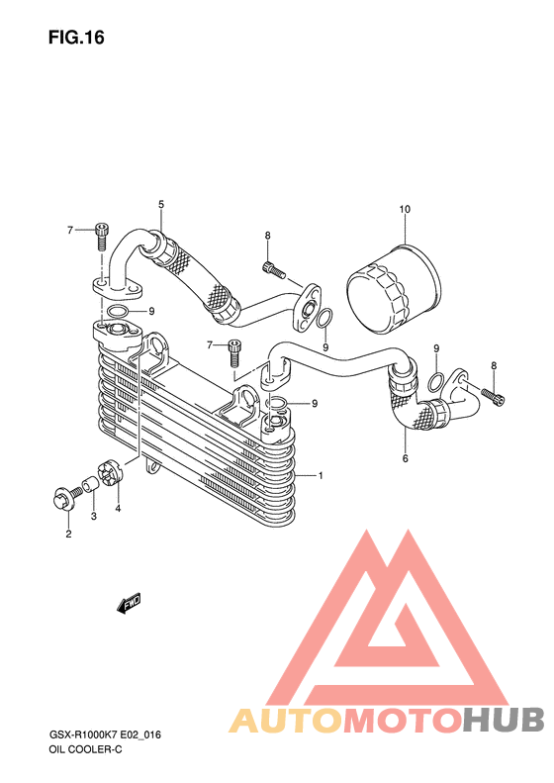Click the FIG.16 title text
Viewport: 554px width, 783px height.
coord(76,38)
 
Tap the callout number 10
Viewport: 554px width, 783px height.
coord(405,209)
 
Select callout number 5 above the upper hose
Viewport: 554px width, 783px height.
coord(161,204)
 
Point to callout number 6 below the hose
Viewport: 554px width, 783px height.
coord(405,458)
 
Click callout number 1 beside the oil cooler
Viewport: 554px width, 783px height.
coord(321,475)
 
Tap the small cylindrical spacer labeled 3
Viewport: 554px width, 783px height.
coord(89,484)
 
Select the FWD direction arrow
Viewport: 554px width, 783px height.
coord(130,603)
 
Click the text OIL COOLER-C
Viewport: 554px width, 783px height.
coord(85,749)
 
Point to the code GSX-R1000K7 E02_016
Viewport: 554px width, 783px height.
coord(104,734)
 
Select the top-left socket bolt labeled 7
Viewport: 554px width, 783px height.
coord(101,237)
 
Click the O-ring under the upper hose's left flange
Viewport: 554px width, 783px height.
coord(117,312)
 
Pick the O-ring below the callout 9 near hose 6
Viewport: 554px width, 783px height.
coord(435,381)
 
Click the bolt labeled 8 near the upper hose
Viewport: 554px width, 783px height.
coord(273,270)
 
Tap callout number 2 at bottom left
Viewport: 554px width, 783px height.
coord(68,534)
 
